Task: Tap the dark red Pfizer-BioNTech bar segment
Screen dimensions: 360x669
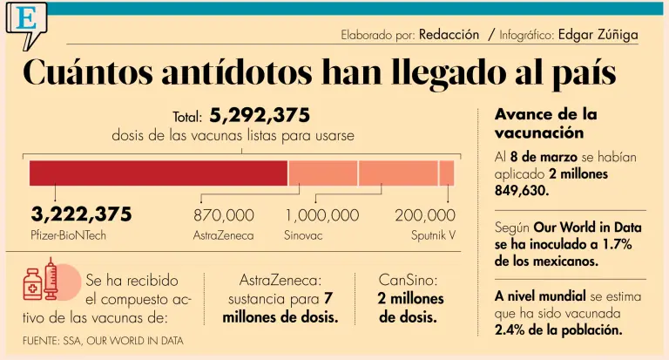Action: tap(159, 173)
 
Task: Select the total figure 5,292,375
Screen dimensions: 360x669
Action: tap(260, 116)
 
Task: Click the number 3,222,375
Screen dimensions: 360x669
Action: tap(81, 214)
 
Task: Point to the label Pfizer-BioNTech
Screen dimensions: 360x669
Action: tap(68, 235)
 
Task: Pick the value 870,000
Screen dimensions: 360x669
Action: tap(224, 215)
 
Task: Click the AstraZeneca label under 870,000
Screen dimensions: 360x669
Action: tap(224, 235)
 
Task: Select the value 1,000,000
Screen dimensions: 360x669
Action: tap(322, 215)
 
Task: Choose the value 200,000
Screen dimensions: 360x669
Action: tap(425, 215)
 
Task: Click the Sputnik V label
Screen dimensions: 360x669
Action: tap(433, 235)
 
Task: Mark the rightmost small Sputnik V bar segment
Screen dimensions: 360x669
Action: tap(447, 173)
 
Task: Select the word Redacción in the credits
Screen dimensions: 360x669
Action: tap(449, 35)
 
